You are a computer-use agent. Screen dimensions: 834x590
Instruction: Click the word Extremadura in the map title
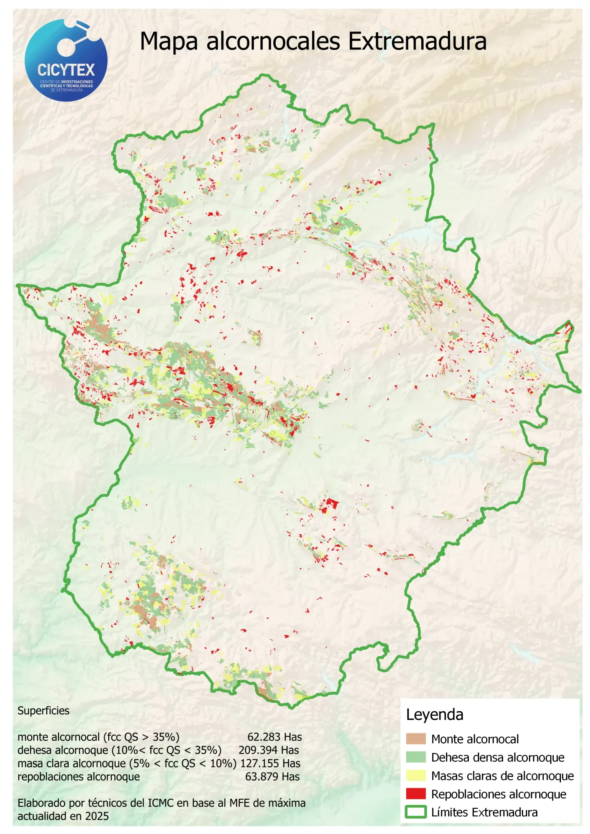click(417, 42)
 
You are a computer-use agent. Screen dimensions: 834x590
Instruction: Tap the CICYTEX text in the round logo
click(66, 70)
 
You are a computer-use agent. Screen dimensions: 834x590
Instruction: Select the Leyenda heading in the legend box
click(435, 714)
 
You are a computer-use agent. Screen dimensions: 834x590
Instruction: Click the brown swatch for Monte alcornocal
click(416, 739)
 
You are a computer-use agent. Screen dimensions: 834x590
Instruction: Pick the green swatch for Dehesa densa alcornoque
click(416, 757)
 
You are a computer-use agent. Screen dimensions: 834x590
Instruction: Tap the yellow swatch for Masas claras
click(416, 775)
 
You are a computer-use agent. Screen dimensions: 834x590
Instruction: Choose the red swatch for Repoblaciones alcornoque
click(416, 794)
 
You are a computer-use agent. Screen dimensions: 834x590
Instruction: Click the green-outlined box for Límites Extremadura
click(416, 812)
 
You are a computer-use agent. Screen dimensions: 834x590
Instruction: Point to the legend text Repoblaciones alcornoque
click(498, 794)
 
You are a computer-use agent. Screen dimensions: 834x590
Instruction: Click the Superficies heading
click(43, 711)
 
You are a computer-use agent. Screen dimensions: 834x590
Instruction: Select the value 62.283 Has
click(275, 737)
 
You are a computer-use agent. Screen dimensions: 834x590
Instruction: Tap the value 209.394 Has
click(269, 750)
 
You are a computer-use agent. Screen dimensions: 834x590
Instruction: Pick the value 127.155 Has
click(270, 763)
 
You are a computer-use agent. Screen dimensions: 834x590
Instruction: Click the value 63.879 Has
click(272, 777)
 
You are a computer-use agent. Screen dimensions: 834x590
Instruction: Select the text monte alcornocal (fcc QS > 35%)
click(98, 737)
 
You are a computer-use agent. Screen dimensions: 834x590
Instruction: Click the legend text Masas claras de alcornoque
click(502, 776)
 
